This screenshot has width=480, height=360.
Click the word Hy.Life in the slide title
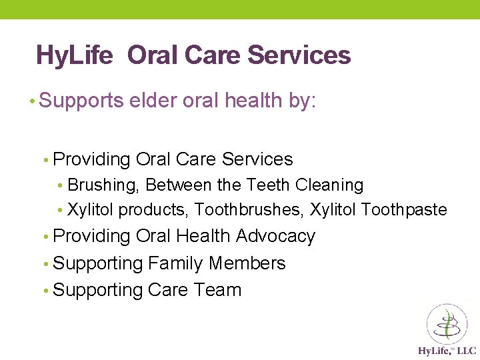75,55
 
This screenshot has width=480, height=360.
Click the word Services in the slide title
299,55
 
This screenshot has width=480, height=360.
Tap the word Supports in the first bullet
81,101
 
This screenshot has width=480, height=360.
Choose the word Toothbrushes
249,210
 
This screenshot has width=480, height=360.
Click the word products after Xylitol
154,210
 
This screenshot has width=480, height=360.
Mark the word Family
175,263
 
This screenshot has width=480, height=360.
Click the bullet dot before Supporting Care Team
45,291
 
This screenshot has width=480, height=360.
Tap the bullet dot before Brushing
60,186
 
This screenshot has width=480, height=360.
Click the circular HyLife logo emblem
447,324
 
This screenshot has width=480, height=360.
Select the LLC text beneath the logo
466,351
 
